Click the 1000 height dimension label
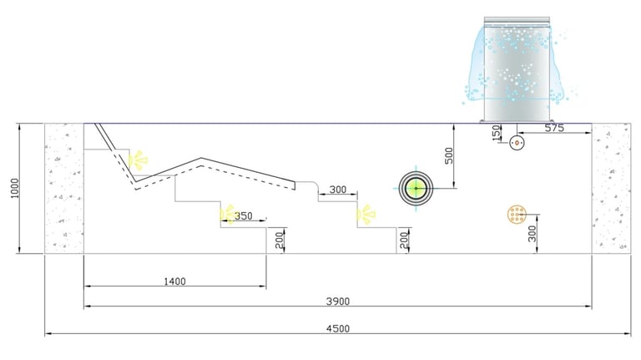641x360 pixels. click(15, 188)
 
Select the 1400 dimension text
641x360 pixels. click(174, 281)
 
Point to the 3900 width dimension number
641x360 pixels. click(338, 302)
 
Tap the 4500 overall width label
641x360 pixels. click(338, 328)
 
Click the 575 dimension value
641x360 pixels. click(554, 128)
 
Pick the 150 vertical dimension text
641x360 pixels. click(496, 133)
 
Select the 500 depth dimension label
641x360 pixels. click(449, 156)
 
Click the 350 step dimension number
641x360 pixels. click(243, 215)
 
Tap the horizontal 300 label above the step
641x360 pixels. click(338, 190)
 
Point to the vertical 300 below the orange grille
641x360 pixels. click(532, 234)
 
